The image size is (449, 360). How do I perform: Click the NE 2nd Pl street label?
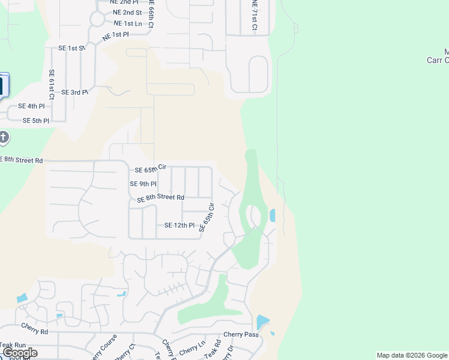pos(124,2)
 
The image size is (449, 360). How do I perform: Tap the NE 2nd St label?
pos(127,13)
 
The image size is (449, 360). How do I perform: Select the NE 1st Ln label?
pos(127,23)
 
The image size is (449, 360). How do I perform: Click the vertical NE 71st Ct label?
pos(255,16)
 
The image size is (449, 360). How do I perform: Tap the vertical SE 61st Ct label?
pos(52,84)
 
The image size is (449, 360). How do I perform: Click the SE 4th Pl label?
pos(31,106)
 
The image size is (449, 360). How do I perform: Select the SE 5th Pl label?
pos(35,121)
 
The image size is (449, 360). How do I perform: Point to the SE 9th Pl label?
pos(143,184)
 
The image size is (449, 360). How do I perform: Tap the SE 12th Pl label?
pos(179,226)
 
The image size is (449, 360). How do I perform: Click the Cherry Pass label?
pos(241,334)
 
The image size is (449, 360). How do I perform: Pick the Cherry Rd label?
pos(34,331)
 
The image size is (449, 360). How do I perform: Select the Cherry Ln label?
pos(192,347)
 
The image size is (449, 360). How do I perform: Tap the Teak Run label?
pos(13,345)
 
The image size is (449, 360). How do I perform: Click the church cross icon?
pos(4,138)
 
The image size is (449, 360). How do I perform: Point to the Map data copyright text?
pos(412,355)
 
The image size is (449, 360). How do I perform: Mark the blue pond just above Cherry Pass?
pos(262,322)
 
